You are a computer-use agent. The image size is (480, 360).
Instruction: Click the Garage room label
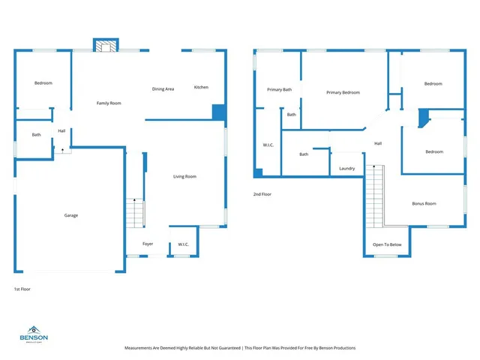click(x=70, y=215)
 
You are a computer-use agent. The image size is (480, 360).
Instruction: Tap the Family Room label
click(x=109, y=103)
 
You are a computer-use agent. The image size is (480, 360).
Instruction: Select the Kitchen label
click(x=201, y=87)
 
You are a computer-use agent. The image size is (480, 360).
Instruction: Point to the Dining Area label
click(x=163, y=89)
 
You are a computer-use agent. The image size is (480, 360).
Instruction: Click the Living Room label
click(x=184, y=176)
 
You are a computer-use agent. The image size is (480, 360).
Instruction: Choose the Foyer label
click(x=148, y=244)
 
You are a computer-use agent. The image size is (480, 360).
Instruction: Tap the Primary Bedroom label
click(x=343, y=92)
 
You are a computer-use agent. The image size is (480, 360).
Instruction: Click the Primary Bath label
click(x=279, y=89)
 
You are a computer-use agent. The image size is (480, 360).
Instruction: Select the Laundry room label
click(x=346, y=168)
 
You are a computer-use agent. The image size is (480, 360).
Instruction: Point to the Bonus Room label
click(x=424, y=203)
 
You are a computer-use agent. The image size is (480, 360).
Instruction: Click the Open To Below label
click(x=387, y=244)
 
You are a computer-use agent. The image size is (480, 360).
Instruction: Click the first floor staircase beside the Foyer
click(x=134, y=213)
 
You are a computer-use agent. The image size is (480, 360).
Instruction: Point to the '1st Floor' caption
click(x=22, y=289)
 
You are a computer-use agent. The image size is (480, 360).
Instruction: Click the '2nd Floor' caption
click(x=261, y=194)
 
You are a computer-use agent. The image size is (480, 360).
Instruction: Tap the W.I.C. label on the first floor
click(x=182, y=244)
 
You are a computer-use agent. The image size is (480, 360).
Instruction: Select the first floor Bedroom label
click(x=43, y=82)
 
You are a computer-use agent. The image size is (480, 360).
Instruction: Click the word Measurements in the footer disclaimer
click(x=142, y=348)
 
